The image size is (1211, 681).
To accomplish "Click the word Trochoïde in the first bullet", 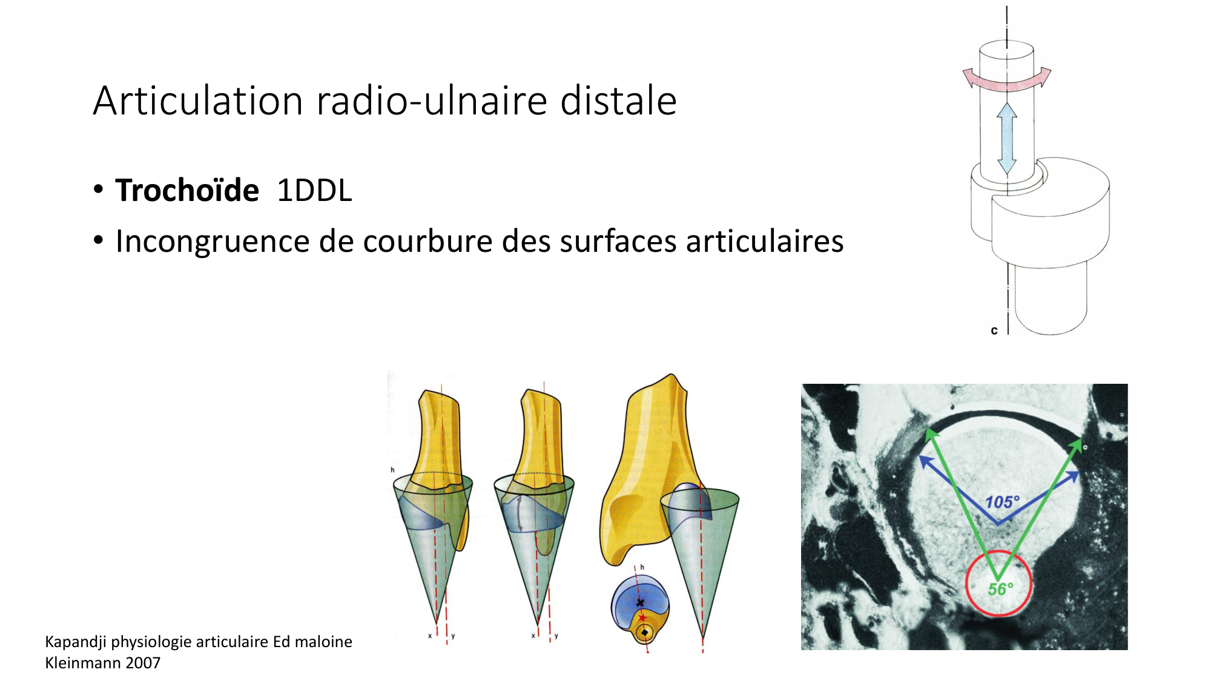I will (x=187, y=191).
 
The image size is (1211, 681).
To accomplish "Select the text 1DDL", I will (x=314, y=191).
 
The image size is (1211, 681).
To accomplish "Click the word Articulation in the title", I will (x=198, y=100).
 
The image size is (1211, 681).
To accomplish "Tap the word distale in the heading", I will (x=618, y=100).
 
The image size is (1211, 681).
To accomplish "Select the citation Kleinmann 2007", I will (x=103, y=663).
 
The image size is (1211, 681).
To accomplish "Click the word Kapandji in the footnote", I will (x=76, y=642).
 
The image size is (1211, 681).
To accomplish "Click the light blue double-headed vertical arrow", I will (x=1007, y=139).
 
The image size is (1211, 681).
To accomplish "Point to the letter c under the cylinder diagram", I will (x=994, y=331).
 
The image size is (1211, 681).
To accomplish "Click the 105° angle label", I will (x=1002, y=502).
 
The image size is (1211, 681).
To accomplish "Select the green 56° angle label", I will (x=1000, y=588).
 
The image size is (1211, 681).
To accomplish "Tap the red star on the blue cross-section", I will (x=642, y=618).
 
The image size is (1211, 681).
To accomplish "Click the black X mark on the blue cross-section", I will (x=640, y=603).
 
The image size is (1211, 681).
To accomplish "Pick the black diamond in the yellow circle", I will (x=644, y=633).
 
